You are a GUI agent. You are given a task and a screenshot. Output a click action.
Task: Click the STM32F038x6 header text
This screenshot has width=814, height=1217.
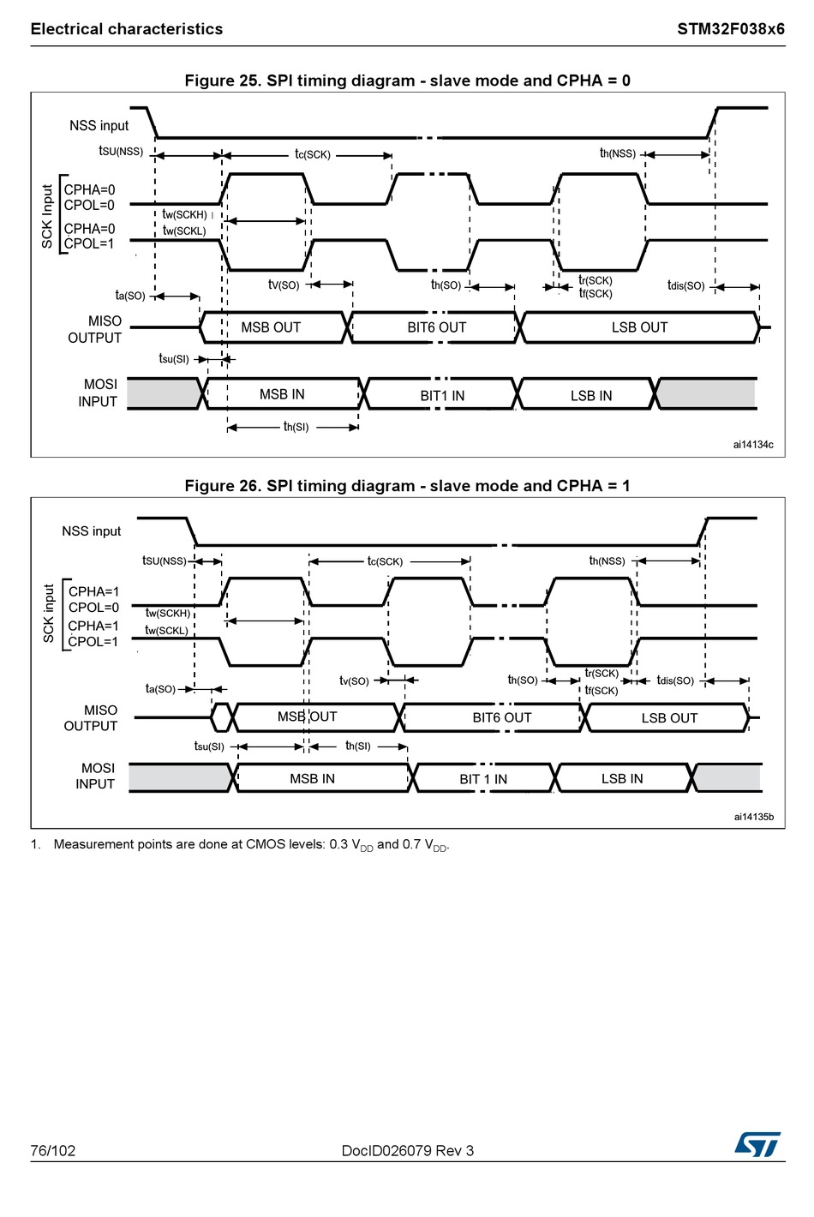(x=730, y=29)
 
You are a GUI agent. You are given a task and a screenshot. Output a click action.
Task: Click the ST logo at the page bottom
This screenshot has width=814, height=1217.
(x=757, y=1144)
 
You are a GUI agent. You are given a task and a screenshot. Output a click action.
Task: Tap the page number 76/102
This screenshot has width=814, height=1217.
(x=53, y=1150)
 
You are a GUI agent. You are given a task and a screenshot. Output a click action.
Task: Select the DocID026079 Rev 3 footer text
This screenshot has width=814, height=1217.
(x=407, y=1150)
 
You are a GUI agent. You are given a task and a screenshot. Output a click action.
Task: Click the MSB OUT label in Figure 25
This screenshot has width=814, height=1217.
(x=271, y=327)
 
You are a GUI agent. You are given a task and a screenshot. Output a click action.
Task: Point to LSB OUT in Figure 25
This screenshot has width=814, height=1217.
(x=639, y=327)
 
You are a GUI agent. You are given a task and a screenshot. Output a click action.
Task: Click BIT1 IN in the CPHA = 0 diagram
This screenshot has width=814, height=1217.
(x=442, y=396)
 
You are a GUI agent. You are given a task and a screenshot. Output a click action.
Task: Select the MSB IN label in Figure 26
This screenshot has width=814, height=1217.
(x=312, y=779)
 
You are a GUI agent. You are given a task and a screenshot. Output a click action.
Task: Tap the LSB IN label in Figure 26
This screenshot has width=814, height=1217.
(x=622, y=779)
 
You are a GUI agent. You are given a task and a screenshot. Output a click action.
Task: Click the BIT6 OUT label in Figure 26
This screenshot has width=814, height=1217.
(x=502, y=718)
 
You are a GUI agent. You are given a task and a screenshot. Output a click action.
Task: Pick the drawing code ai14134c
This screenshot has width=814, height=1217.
(x=753, y=445)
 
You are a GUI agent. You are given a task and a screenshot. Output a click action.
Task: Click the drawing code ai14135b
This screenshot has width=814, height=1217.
(x=753, y=817)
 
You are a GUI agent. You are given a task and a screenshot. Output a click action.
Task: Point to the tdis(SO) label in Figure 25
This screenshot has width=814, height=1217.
(x=685, y=285)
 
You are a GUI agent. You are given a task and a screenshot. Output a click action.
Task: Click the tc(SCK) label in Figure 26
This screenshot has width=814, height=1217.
(x=385, y=561)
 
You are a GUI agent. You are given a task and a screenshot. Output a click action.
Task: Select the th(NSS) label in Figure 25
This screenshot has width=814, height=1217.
(x=617, y=153)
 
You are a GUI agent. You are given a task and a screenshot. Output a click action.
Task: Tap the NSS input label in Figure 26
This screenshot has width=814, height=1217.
(x=92, y=531)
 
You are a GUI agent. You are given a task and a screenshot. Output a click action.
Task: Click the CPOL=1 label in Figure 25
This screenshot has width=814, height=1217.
(x=89, y=243)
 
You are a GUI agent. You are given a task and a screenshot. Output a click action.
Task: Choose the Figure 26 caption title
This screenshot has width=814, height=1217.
(x=407, y=486)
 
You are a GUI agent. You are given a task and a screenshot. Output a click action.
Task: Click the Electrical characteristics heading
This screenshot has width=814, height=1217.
(x=127, y=29)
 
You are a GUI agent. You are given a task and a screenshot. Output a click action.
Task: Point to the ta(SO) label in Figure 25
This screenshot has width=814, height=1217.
(x=130, y=296)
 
